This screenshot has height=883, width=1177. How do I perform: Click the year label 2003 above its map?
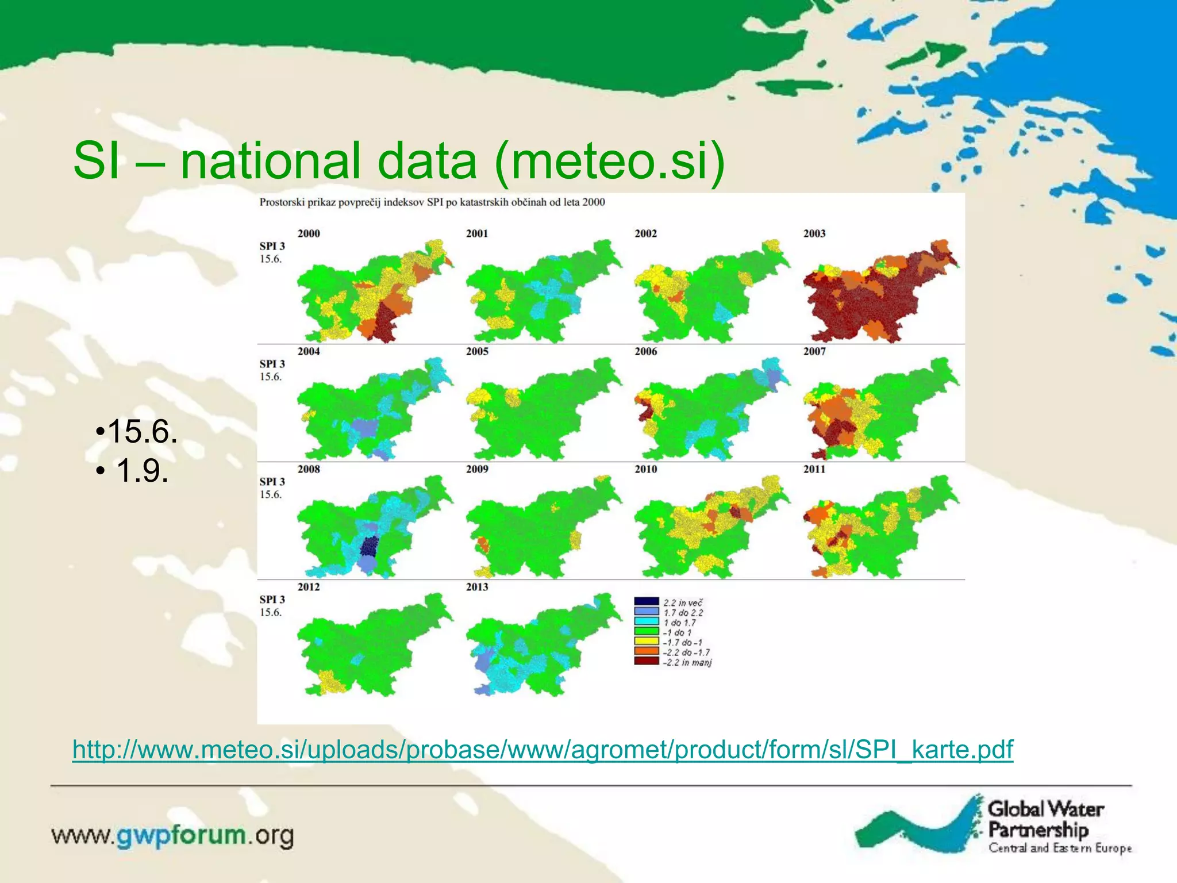click(814, 233)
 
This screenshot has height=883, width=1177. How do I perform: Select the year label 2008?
click(309, 469)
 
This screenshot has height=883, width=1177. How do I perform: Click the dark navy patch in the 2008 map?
click(369, 546)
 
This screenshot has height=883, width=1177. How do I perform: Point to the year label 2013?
click(477, 587)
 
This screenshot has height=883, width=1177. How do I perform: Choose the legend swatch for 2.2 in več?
click(646, 602)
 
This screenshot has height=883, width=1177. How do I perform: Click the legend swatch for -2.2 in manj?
click(646, 662)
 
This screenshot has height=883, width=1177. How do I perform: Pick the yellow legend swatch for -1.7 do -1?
click(646, 642)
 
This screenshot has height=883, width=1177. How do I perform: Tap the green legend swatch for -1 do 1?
click(646, 632)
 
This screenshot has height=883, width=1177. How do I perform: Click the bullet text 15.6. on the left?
click(138, 431)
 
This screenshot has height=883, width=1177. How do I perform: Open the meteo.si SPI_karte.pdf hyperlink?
click(543, 750)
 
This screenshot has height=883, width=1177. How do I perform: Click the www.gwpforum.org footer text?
click(172, 836)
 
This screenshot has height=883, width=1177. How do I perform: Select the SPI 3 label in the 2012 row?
click(272, 600)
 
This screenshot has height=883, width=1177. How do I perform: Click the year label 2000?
click(309, 233)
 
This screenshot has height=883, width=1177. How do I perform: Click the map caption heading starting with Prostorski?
click(432, 202)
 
